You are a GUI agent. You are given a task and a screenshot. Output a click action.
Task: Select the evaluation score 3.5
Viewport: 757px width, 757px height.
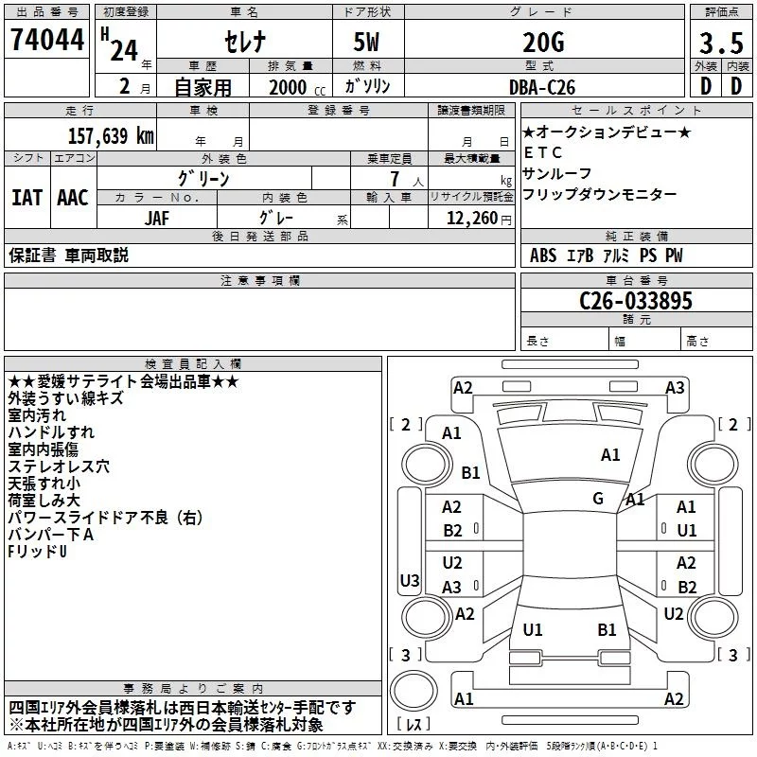point(720,43)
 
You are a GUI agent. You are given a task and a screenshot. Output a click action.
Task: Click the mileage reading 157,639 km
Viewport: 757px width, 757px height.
point(109,136)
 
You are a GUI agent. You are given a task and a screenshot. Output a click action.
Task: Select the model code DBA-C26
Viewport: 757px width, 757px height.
point(540,86)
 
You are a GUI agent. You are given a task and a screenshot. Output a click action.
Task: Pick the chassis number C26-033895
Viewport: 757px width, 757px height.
point(636,302)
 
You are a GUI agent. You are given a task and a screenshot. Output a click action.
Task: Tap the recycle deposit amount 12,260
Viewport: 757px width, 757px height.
point(470,219)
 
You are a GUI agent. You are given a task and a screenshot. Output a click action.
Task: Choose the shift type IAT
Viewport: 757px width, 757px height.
point(27,198)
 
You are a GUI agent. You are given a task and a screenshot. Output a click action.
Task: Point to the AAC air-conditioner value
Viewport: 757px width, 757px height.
point(73,198)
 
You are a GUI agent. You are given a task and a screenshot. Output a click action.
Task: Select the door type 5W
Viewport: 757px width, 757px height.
point(368,43)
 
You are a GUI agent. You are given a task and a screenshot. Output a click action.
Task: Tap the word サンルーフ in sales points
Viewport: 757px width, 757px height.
point(556,173)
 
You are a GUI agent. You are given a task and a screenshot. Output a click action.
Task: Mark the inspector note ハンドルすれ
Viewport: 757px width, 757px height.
point(51,432)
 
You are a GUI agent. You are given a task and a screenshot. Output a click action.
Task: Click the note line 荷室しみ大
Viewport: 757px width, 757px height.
point(44,500)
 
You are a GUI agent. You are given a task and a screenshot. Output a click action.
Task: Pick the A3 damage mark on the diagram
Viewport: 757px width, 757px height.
point(674,387)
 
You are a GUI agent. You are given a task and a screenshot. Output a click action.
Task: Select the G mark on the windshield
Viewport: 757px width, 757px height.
point(598,498)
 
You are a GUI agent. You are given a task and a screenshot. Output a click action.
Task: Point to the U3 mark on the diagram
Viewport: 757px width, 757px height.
point(409,580)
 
